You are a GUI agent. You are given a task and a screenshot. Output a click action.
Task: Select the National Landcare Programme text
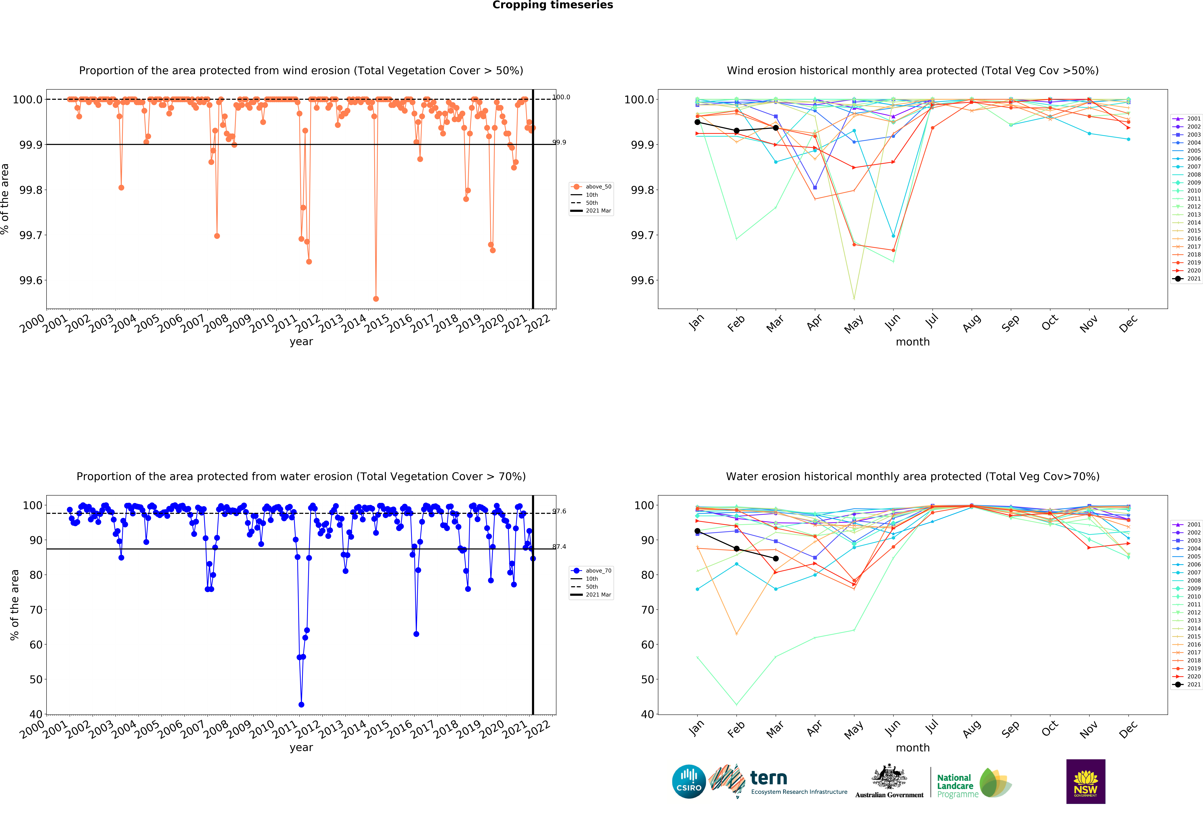tap(955, 786)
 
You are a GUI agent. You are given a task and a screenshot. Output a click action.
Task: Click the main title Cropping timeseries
tap(552, 5)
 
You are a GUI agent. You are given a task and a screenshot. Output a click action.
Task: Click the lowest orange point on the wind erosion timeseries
tap(376, 299)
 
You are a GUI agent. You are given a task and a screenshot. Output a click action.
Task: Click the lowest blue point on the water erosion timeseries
tap(301, 704)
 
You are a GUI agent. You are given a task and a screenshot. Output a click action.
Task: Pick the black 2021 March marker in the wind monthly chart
tap(775, 128)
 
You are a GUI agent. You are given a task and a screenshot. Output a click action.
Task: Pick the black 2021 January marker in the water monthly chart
tap(697, 531)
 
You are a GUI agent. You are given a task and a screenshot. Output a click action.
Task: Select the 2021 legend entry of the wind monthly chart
tap(1186, 278)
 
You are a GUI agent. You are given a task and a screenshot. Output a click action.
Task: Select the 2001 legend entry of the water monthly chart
tap(1186, 524)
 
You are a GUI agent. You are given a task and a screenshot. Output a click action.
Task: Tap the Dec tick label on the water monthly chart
tap(1127, 729)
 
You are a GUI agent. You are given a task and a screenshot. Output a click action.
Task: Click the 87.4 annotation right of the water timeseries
tap(559, 547)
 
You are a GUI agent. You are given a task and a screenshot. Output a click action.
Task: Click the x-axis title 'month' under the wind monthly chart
tap(913, 342)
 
